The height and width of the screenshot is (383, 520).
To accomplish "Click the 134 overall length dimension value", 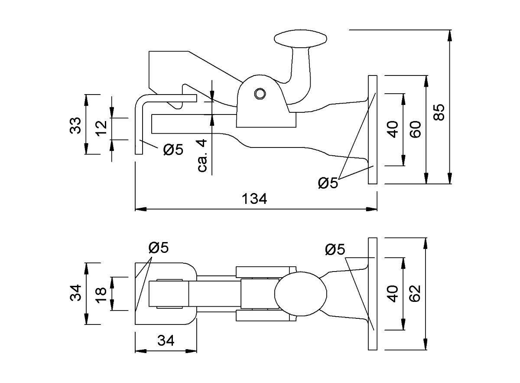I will [255, 199].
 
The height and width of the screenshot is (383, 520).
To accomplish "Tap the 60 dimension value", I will [415, 130].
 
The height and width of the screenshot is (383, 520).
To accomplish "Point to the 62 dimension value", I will [415, 294].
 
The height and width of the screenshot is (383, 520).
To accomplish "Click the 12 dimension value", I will [101, 128].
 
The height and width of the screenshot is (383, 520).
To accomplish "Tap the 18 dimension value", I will [101, 294].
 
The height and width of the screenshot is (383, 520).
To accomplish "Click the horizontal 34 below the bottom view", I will [166, 341].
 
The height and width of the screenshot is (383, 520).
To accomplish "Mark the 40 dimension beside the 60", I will [393, 130].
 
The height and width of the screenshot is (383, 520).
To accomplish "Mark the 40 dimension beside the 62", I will [393, 294].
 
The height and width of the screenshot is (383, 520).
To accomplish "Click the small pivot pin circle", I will [260, 94].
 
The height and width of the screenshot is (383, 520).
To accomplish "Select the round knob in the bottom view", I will [301, 293].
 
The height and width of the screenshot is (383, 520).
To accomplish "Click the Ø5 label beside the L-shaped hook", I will [173, 151].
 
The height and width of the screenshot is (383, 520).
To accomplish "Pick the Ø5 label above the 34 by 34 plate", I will [158, 248].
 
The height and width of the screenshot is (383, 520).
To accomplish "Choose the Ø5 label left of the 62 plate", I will [335, 249].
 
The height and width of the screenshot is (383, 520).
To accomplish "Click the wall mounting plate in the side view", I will [373, 130].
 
